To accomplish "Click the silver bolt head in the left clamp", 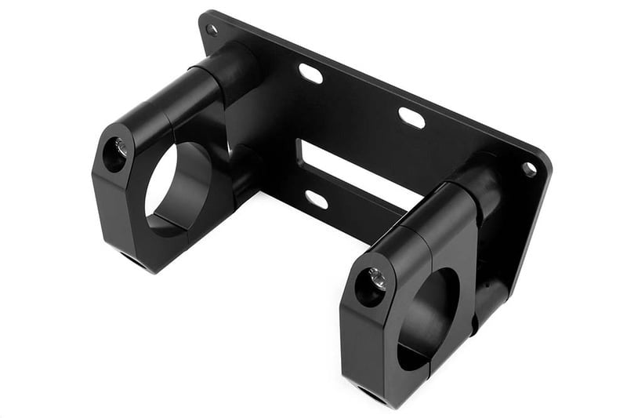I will pos(120,147).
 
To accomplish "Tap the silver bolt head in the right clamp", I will pos(377,278).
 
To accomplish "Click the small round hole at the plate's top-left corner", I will pos(212,30).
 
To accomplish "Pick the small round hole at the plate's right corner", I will pos(529,169).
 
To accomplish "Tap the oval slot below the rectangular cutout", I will pos(317,199).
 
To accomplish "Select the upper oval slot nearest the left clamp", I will pos(311,74).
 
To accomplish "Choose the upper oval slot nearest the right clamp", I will pos(411,118).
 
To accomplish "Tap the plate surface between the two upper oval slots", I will pos(361,96).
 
